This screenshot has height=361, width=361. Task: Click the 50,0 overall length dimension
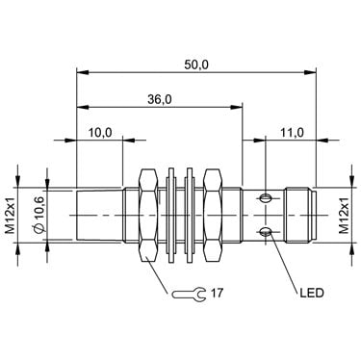pyautogui.click(x=196, y=65)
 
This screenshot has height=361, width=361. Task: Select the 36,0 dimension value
pyautogui.click(x=160, y=100)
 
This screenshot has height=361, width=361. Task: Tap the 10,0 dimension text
pyautogui.click(x=100, y=132)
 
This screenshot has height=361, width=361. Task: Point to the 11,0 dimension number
pyautogui.click(x=292, y=132)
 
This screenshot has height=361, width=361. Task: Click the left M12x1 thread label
pyautogui.click(x=11, y=215)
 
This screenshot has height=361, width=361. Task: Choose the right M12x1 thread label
pyautogui.click(x=345, y=215)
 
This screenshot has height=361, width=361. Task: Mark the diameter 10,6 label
pyautogui.click(x=39, y=216)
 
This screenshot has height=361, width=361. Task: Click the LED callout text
pyautogui.click(x=312, y=293)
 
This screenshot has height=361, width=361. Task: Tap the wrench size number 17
pyautogui.click(x=217, y=293)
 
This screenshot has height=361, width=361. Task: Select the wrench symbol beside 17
pyautogui.click(x=189, y=294)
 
